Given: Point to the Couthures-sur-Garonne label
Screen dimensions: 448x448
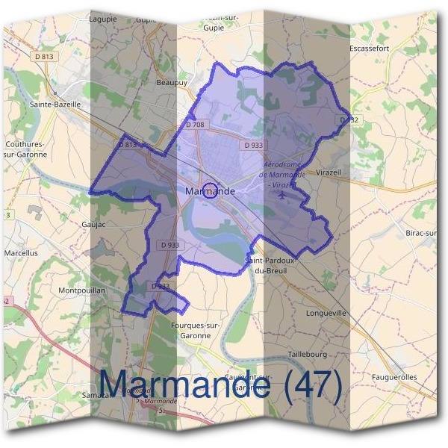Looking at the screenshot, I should tap(26, 149).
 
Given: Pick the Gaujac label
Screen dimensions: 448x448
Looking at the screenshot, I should tap(95, 223).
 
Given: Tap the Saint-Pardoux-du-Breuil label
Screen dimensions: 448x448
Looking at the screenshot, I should tap(272, 265).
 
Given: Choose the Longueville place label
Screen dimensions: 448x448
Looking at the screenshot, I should tap(326, 313).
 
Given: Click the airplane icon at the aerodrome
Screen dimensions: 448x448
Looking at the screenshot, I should tap(282, 196).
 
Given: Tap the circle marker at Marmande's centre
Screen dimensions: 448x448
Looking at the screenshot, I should tap(211, 190).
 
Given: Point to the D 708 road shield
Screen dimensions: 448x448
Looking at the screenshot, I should tap(194, 125).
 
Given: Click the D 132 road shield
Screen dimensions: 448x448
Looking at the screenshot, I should tap(348, 119).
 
